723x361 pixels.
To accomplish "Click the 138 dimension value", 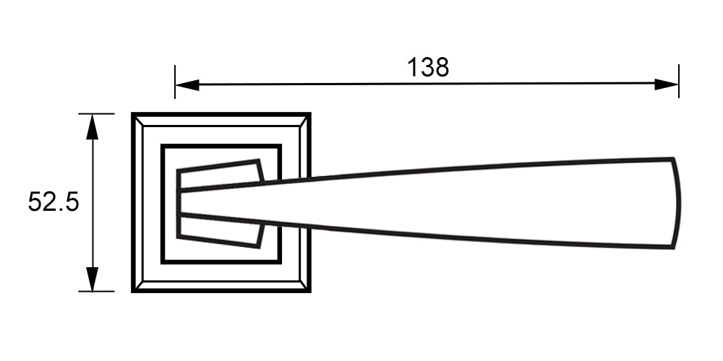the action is [428, 67].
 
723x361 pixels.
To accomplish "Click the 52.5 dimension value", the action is [54, 201].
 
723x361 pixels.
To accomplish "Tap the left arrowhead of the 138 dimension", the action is [187, 84].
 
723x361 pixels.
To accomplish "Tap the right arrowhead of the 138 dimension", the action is [667, 84].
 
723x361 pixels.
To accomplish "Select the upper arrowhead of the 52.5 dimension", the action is [93, 126].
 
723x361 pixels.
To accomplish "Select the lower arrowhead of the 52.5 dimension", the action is [93, 279].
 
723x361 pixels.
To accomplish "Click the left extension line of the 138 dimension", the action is [175, 82].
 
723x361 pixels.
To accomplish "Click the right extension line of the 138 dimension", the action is [679, 81].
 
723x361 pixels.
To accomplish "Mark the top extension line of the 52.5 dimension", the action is [96, 113].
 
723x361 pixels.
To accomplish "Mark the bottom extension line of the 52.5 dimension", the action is [96, 292].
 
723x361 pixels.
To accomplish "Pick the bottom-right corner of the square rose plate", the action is [310, 292].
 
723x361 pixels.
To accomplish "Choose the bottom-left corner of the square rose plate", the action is [133, 292].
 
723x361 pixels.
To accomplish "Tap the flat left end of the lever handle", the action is [179, 202].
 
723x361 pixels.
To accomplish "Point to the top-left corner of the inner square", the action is [162, 146].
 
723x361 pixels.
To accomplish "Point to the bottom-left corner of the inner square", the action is [162, 263].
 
